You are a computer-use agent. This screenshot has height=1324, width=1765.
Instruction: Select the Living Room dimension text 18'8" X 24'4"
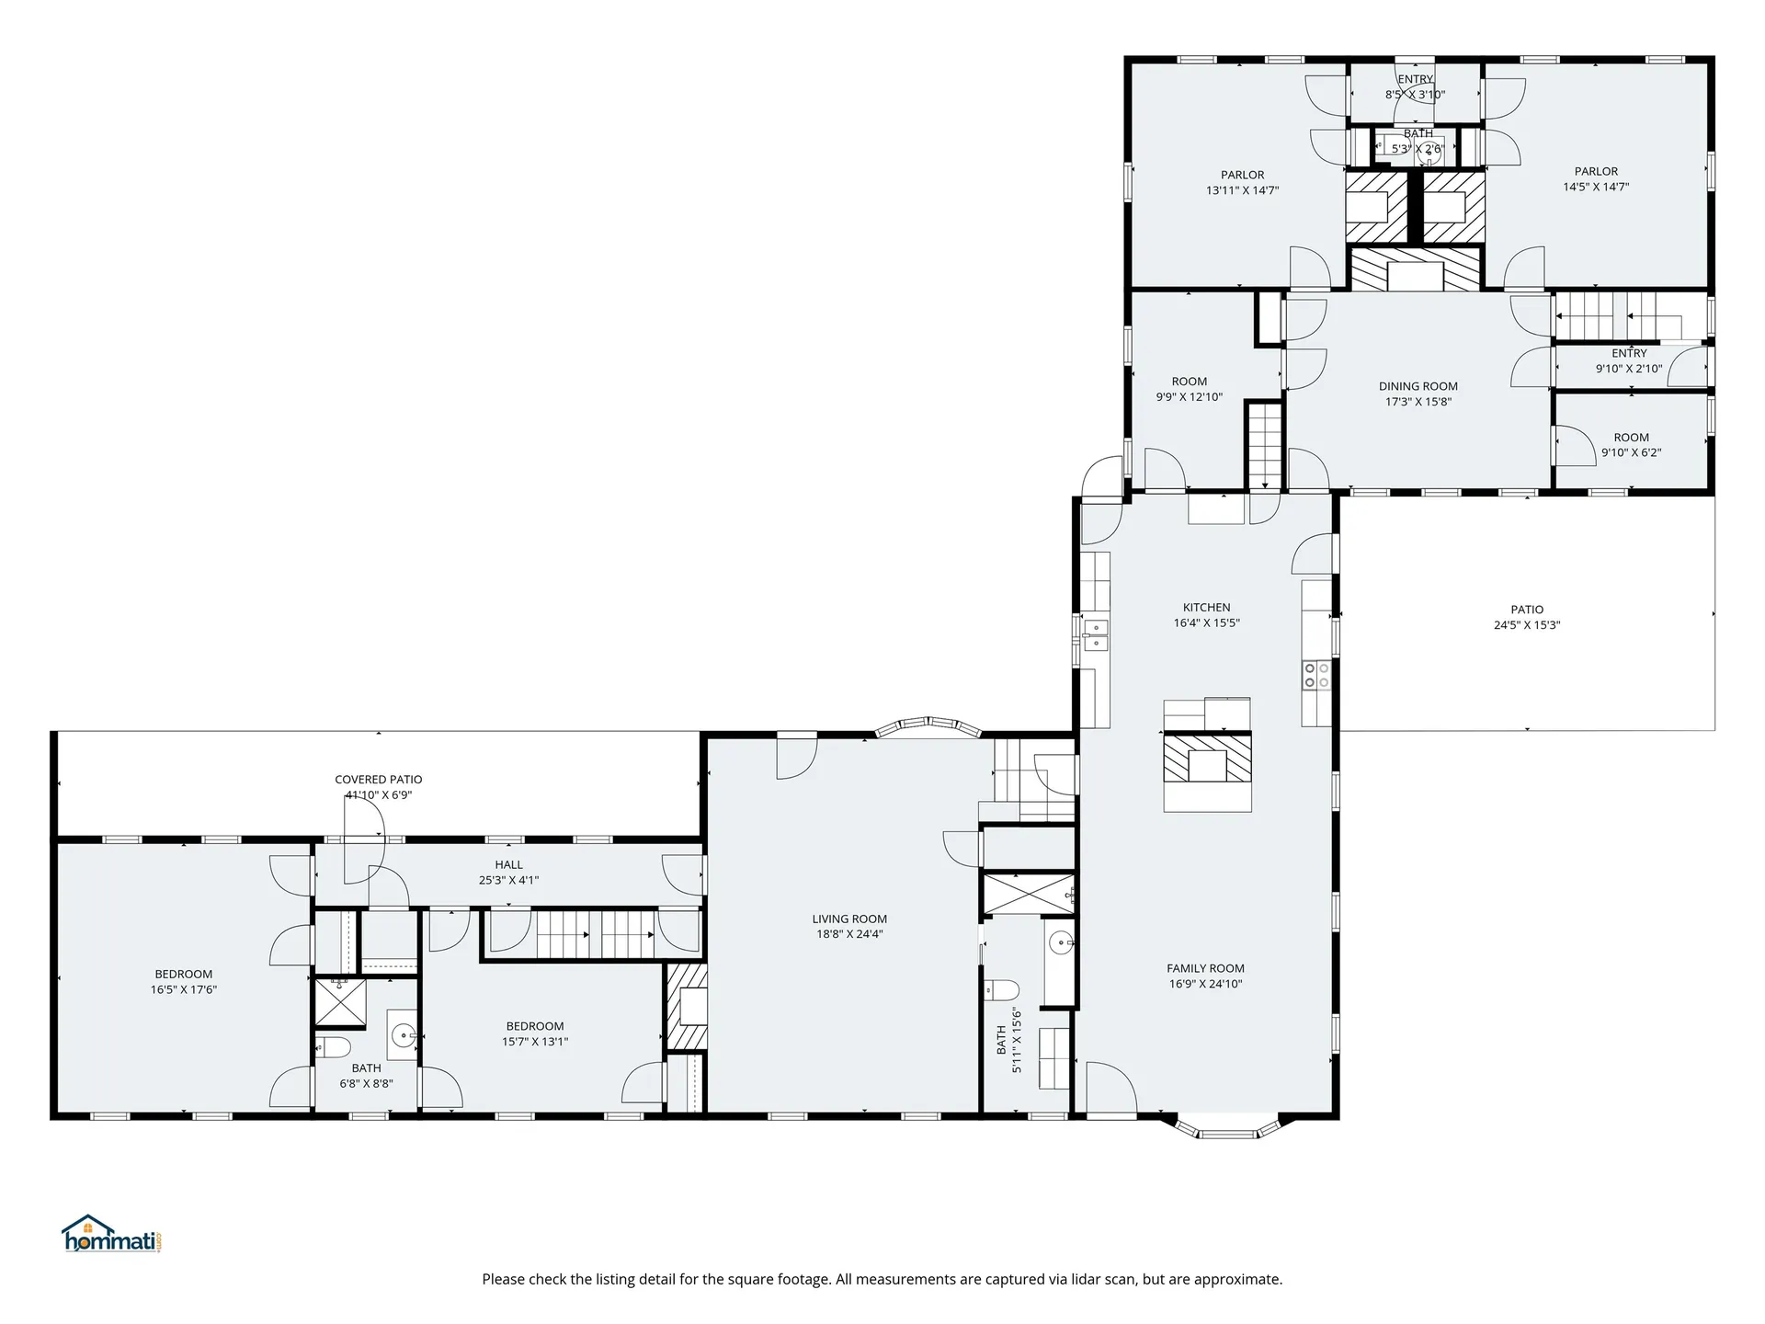[849, 934]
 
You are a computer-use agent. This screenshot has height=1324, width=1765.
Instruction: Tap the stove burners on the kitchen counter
[1315, 675]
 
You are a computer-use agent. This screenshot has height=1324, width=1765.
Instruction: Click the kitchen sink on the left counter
[1096, 634]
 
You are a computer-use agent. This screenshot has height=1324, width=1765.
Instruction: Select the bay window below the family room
[1228, 1128]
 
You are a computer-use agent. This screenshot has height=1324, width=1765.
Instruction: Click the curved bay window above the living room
[928, 726]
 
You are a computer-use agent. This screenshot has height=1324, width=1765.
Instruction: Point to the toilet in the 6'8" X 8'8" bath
[334, 1046]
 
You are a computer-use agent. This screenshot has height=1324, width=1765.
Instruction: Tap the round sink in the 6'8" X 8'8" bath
[404, 1036]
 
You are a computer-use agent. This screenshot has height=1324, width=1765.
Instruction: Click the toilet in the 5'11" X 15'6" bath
[1002, 990]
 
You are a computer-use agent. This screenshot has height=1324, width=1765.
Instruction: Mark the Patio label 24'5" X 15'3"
[1527, 617]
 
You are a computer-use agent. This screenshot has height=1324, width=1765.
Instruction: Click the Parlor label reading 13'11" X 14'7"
[1242, 182]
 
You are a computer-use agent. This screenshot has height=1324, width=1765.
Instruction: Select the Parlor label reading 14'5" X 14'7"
[1596, 178]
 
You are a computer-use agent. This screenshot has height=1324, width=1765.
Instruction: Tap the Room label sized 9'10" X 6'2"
[1631, 445]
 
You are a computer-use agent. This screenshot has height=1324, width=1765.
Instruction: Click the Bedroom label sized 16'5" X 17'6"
[184, 982]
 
